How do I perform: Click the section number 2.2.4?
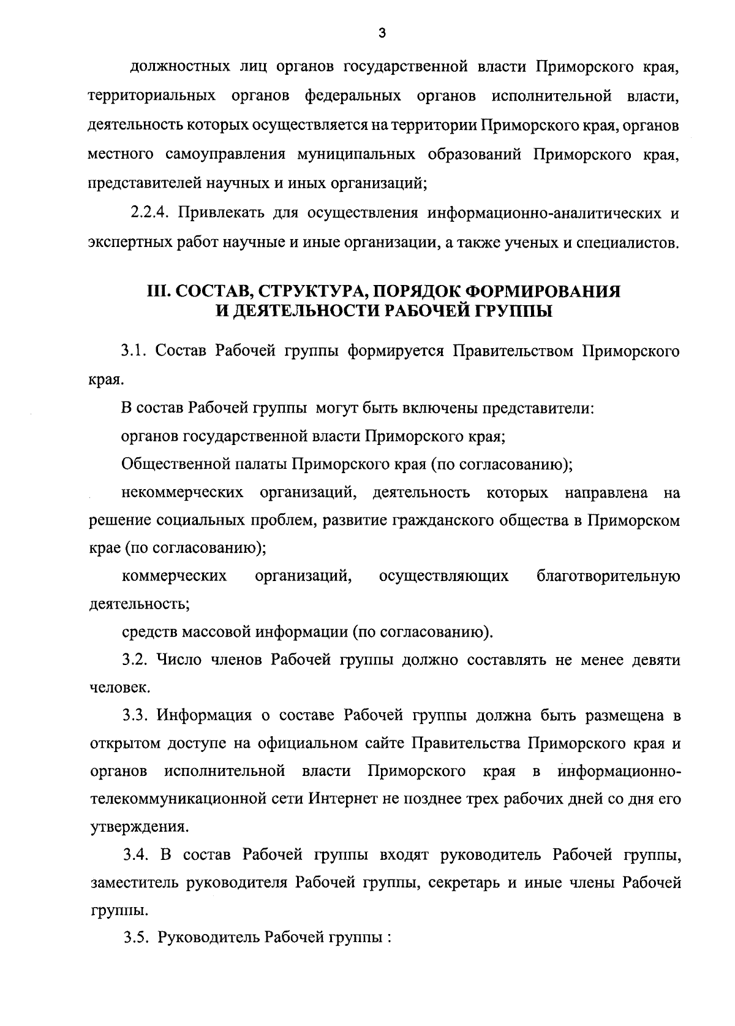(150, 213)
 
